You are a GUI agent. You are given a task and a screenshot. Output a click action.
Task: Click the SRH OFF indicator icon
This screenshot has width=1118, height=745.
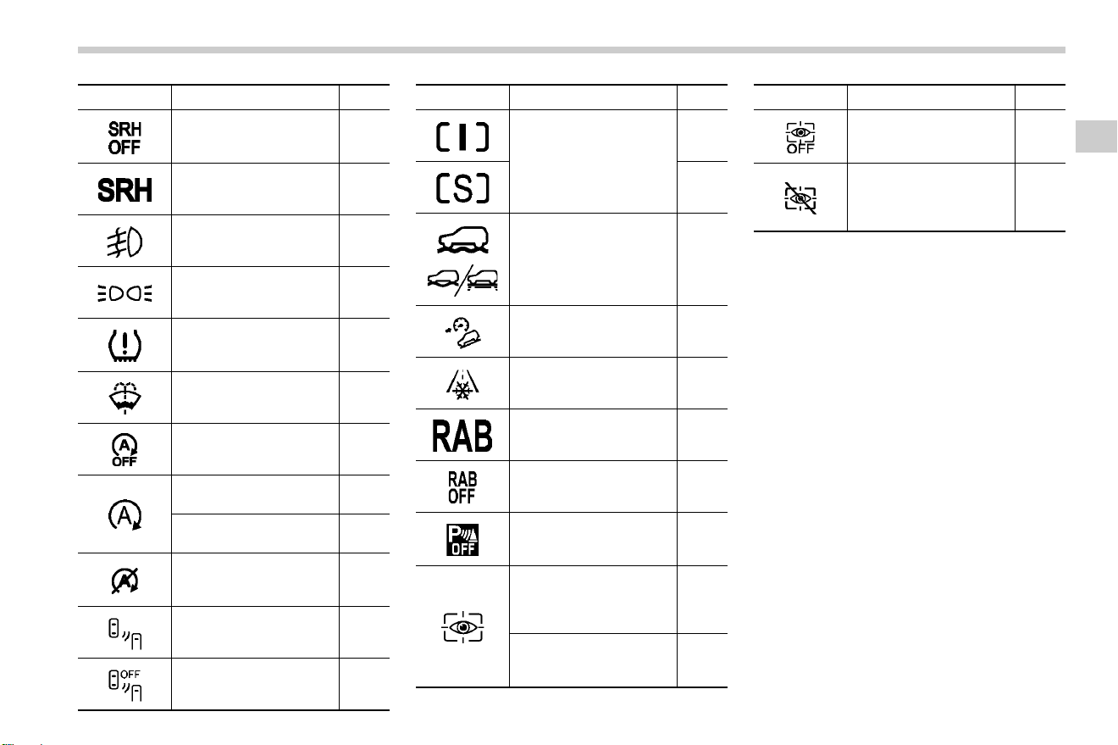[x=125, y=138]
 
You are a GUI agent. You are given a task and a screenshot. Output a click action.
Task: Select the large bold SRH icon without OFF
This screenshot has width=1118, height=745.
[x=125, y=190]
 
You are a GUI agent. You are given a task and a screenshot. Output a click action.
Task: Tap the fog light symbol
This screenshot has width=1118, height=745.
[x=125, y=242]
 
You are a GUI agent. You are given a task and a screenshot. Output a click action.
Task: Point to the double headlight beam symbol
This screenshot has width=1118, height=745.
[x=125, y=293]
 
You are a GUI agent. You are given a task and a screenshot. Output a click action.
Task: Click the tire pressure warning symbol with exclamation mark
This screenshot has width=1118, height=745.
[x=125, y=346]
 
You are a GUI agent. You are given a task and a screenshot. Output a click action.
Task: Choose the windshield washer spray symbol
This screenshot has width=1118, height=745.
[x=125, y=398]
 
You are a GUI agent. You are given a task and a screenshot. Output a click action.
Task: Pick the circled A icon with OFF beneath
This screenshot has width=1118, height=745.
[x=125, y=450]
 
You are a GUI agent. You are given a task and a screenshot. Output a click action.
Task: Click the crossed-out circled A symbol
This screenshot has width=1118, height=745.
[x=125, y=581]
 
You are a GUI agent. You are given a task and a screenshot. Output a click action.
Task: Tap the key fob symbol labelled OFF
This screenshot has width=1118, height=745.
[x=125, y=685]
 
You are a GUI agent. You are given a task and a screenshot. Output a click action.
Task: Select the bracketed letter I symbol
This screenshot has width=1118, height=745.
[x=462, y=136]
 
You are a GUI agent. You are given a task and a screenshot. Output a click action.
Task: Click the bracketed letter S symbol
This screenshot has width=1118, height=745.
[x=462, y=188]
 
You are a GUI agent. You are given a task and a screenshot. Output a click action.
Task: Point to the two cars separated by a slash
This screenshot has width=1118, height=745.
[x=462, y=281]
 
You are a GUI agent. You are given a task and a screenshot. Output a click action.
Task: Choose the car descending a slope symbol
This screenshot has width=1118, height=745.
[x=463, y=332]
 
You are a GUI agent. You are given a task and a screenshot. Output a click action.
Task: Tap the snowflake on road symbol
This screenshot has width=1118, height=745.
[x=462, y=384]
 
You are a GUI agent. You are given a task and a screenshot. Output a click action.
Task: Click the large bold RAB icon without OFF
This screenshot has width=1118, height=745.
[x=462, y=436]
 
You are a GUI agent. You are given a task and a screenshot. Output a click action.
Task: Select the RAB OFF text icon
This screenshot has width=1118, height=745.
[x=462, y=487]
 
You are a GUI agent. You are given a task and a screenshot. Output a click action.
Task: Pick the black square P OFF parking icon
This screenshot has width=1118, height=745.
[x=462, y=540]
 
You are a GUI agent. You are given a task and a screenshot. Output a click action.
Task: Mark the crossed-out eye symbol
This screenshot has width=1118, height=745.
[x=800, y=198]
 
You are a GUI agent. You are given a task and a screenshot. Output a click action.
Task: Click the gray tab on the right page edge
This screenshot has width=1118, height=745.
[x=1096, y=136]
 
